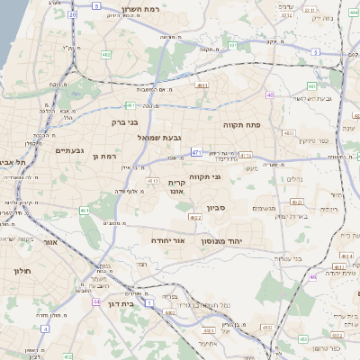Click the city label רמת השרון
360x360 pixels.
click(x=136, y=7)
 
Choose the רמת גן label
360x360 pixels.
click(x=106, y=157)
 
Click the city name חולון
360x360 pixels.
click(x=22, y=270)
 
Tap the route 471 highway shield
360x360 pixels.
click(x=196, y=154)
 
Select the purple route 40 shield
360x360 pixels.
click(x=270, y=94)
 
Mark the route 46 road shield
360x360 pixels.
click(x=312, y=277)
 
